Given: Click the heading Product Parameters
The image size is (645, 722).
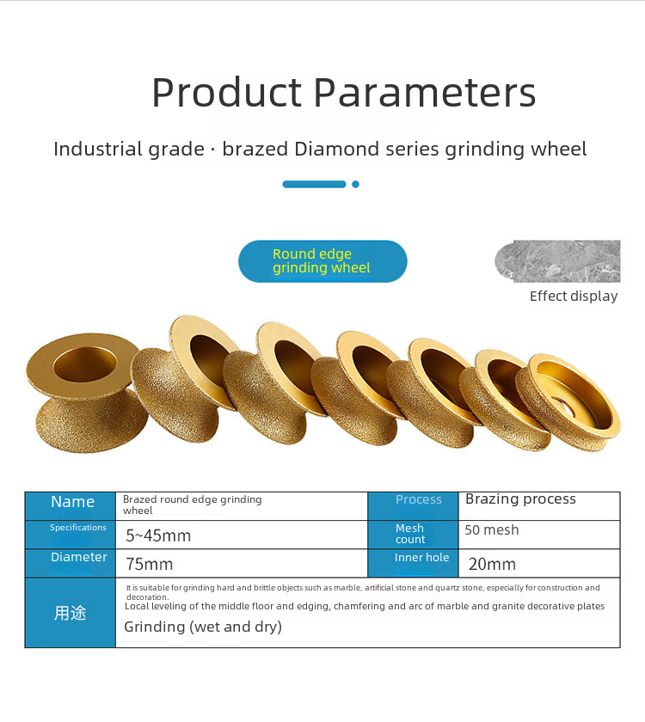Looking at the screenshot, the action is click(x=344, y=93).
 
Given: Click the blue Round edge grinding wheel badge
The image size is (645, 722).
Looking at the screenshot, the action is click(x=322, y=261).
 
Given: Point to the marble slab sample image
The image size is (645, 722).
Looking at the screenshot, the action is click(x=557, y=261).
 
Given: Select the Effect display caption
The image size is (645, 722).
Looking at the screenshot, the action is click(x=574, y=296).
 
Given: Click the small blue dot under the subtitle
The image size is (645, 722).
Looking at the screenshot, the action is click(x=355, y=184).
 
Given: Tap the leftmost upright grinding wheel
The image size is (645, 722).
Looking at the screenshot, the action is click(x=86, y=393).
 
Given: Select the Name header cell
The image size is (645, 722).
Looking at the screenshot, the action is click(x=70, y=506).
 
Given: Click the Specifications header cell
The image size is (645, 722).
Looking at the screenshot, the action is click(x=70, y=535).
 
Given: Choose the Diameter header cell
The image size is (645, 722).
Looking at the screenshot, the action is click(x=70, y=563).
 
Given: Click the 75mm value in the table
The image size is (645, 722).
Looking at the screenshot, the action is click(x=150, y=564).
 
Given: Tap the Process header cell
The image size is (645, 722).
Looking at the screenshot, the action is click(x=414, y=506).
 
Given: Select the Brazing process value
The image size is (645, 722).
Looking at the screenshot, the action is click(x=520, y=499).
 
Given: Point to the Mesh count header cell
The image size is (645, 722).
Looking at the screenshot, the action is click(x=414, y=535).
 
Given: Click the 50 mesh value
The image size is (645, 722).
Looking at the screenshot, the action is click(x=492, y=530).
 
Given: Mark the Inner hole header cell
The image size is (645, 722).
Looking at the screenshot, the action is click(x=414, y=563).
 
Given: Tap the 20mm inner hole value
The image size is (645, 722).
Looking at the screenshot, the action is click(x=492, y=564).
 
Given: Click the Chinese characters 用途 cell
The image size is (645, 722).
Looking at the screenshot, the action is click(x=70, y=613).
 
